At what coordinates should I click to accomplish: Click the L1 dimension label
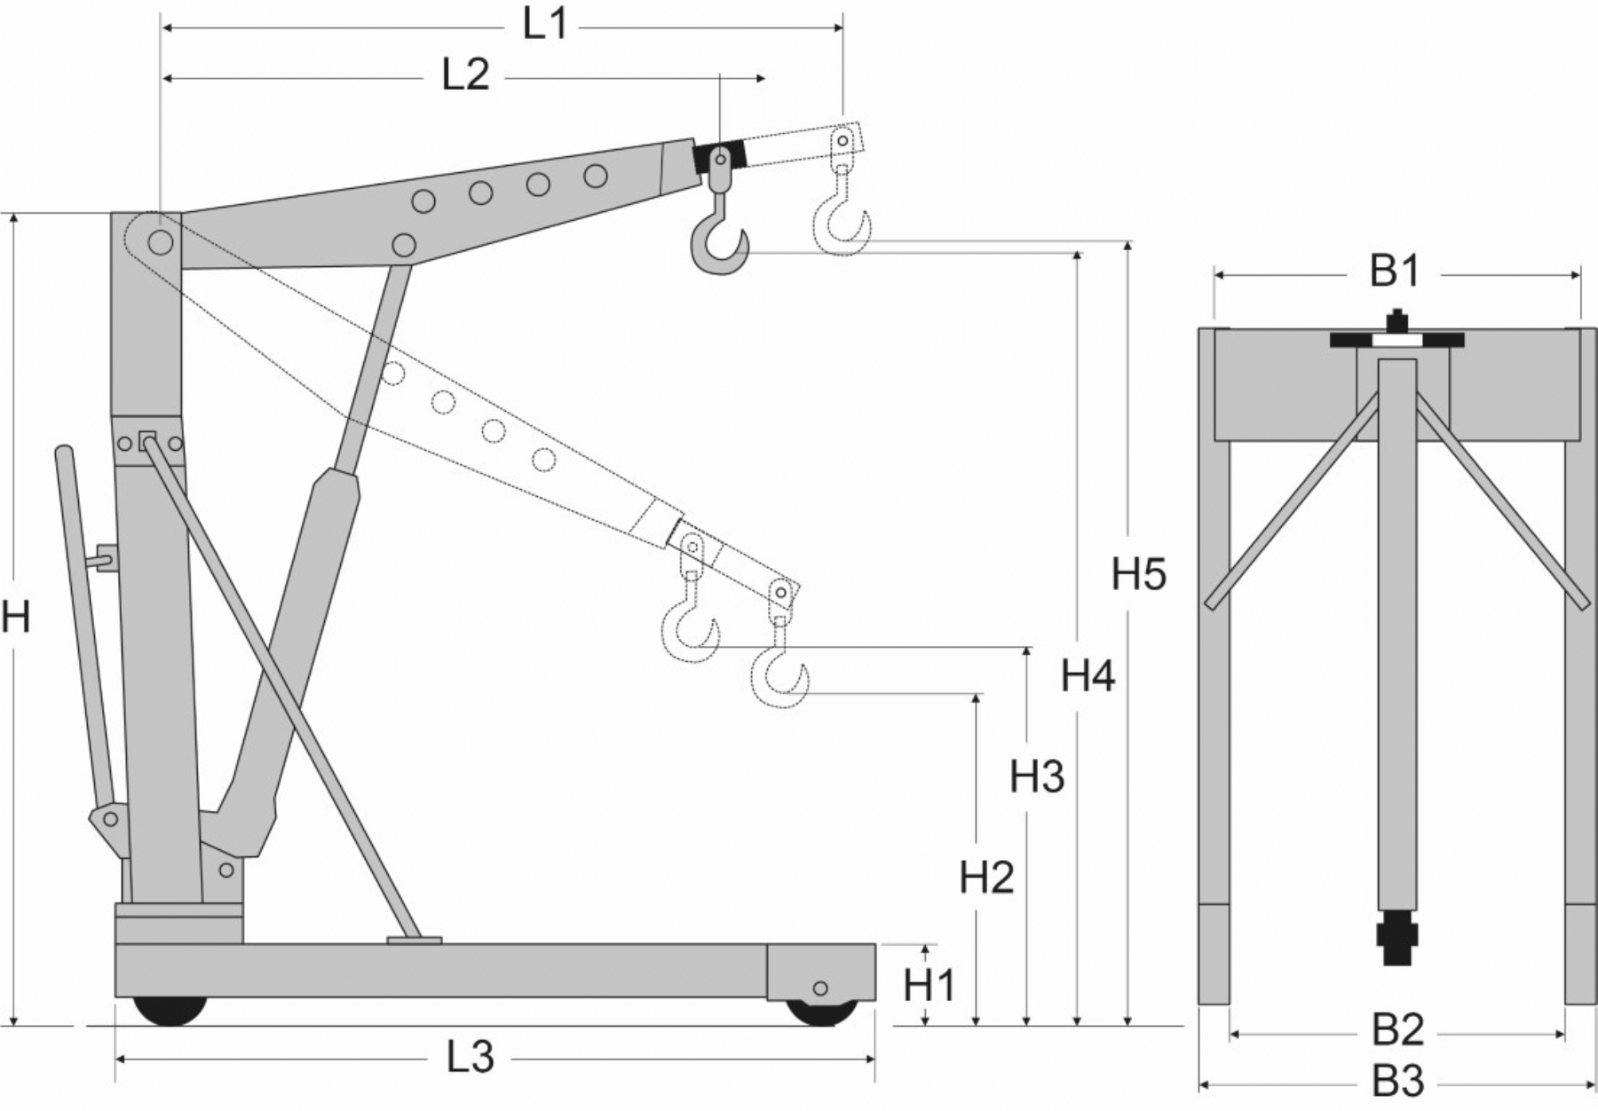point(544,25)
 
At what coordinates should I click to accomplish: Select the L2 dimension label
point(465,76)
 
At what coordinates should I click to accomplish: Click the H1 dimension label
point(930,986)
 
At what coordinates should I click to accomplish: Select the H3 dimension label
point(1036,777)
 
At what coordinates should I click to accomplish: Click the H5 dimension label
point(1138,575)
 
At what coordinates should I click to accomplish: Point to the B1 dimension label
point(1396,272)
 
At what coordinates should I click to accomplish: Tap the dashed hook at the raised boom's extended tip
point(842,226)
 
